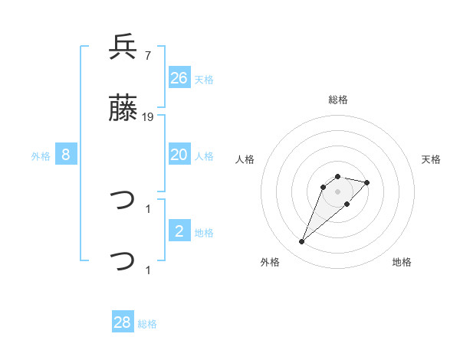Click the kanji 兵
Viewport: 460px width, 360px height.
(123, 47)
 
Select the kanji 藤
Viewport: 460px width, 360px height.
(123, 110)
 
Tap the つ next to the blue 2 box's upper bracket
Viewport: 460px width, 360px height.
(123, 201)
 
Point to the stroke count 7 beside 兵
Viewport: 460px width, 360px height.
(147, 56)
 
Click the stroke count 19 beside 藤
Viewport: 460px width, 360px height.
(148, 117)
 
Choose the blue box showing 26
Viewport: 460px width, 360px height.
(179, 77)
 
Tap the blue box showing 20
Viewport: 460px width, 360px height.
(179, 154)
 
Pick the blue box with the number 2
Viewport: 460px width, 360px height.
(179, 231)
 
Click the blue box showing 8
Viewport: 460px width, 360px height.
(66, 155)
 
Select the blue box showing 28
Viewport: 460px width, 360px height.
(123, 322)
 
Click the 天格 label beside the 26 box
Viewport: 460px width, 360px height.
(204, 79)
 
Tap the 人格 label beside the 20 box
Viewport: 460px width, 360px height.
(204, 155)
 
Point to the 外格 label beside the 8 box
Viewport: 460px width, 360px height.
(41, 155)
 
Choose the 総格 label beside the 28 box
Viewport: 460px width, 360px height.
(147, 324)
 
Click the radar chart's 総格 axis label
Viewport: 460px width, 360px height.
(338, 100)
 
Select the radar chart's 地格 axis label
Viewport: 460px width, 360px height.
(402, 262)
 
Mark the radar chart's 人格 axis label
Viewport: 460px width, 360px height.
(245, 159)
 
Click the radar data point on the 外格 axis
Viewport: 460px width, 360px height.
(302, 242)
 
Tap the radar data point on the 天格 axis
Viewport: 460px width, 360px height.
(367, 182)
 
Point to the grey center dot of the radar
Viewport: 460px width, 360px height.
(338, 191)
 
